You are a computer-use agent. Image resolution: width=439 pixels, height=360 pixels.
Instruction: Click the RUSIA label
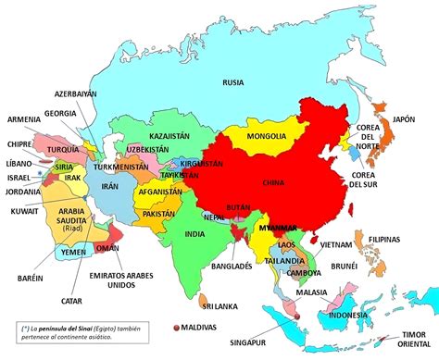233,83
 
